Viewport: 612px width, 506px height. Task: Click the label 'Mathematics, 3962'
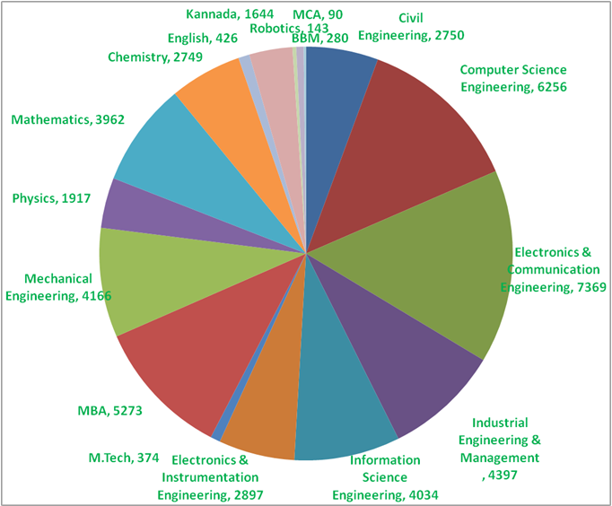coord(67,118)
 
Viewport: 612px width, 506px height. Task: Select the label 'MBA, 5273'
coord(109,412)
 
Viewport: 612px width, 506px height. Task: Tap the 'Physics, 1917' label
coord(52,197)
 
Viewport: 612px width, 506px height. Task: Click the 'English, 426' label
coord(197,38)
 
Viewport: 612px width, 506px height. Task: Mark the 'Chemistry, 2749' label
coord(155,57)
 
